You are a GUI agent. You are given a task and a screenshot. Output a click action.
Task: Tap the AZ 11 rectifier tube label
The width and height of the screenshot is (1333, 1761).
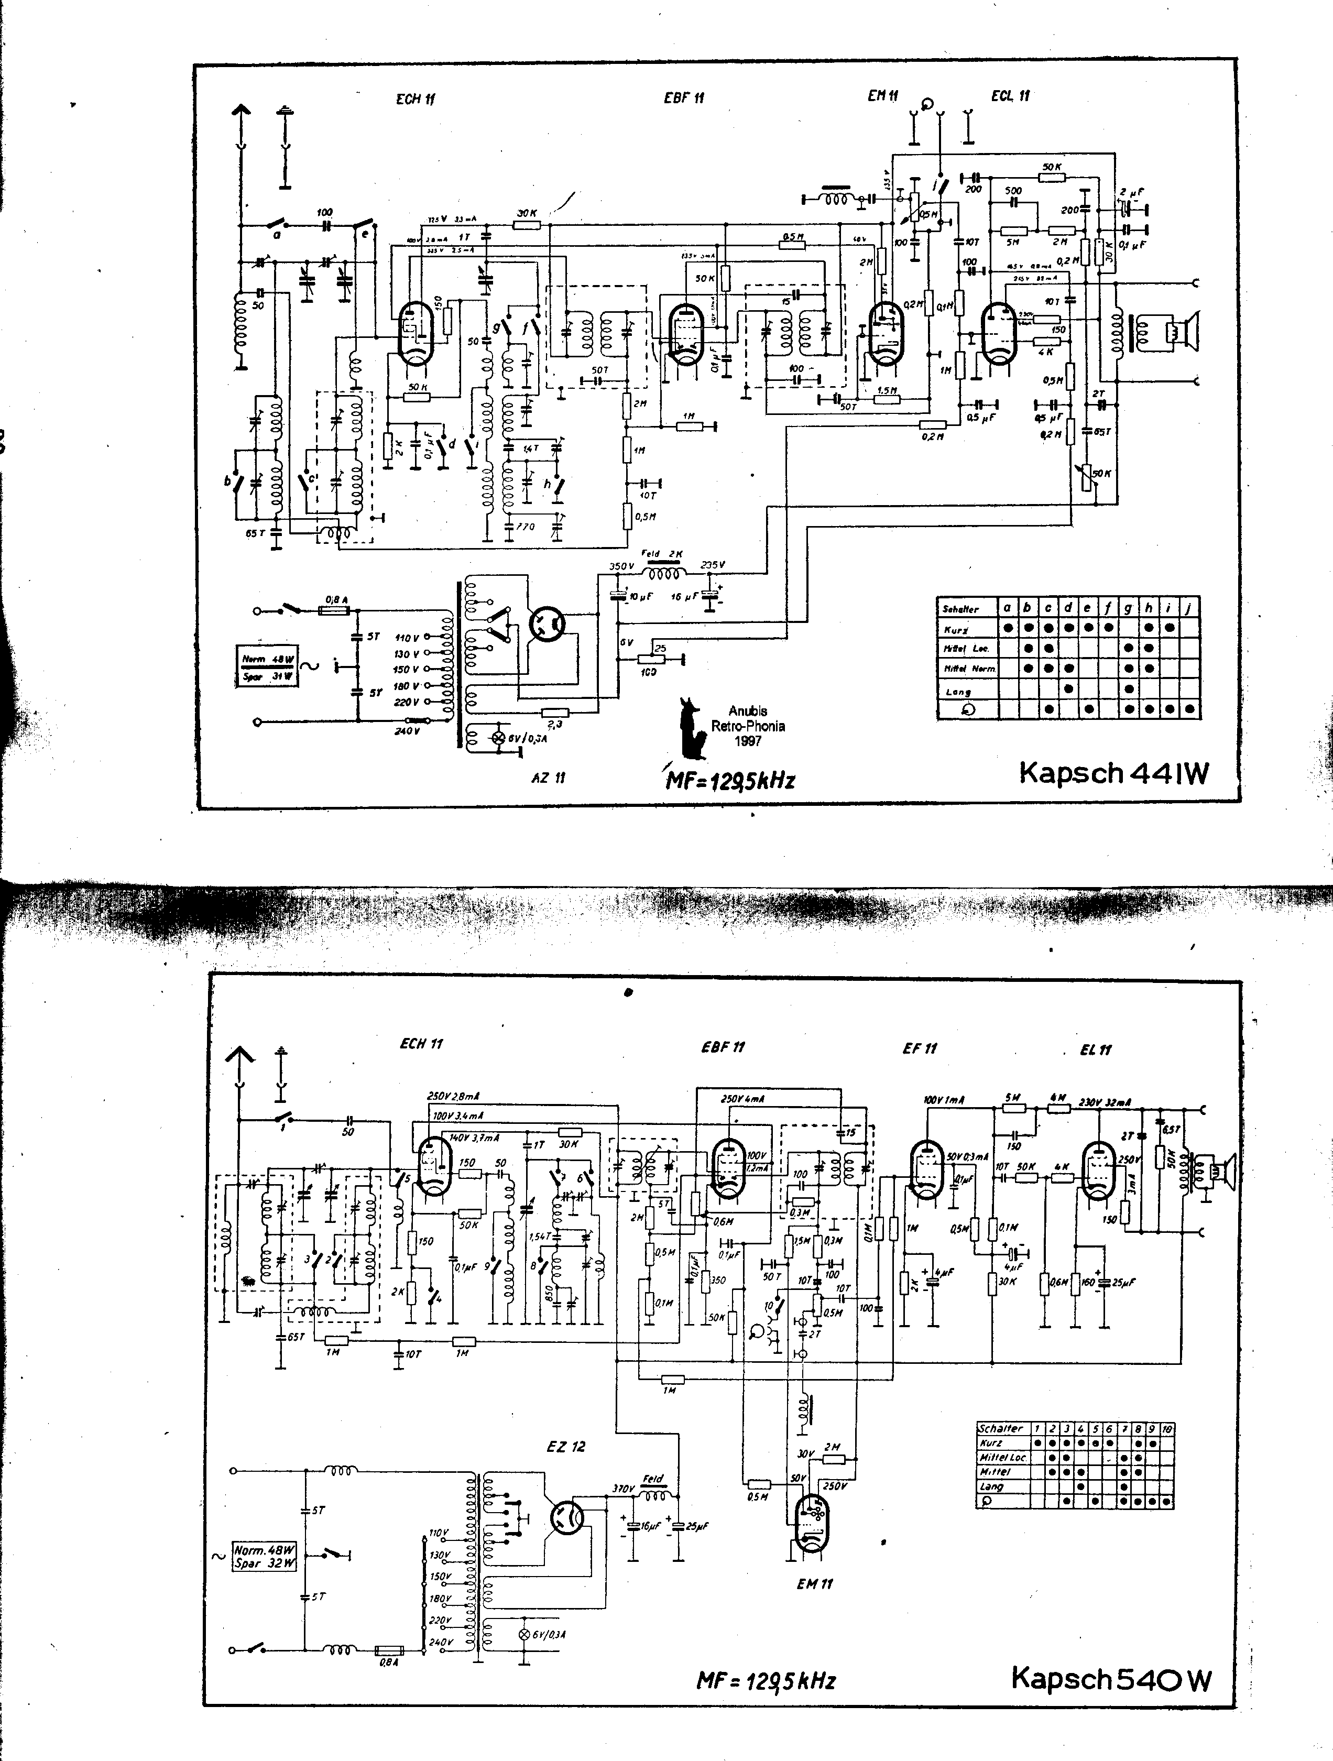[548, 777]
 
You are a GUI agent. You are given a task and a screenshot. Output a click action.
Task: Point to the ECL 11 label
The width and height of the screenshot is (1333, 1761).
[1011, 95]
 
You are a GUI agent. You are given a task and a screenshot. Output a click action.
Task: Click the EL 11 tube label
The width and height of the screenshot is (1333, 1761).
[1096, 1049]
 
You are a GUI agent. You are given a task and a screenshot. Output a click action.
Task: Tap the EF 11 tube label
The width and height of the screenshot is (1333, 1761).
[920, 1048]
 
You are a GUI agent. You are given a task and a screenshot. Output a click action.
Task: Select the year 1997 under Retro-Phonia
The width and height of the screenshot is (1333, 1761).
[749, 740]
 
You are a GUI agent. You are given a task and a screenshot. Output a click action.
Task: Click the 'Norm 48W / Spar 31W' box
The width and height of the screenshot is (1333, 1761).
[268, 667]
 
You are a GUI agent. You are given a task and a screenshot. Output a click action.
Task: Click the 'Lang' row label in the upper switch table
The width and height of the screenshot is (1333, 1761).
[958, 691]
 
